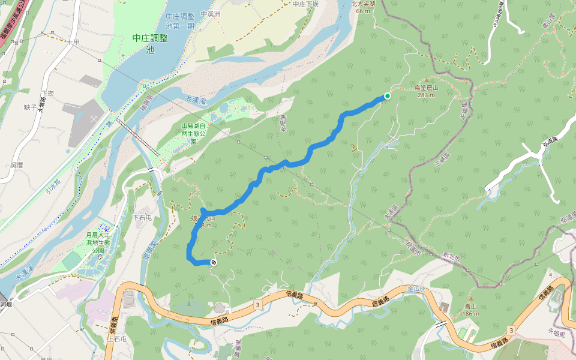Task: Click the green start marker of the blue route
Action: (388, 96)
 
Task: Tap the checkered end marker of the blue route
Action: (214, 262)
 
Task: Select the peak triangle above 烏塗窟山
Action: (427, 80)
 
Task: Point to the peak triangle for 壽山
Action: (471, 299)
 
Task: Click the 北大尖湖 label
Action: (363, 4)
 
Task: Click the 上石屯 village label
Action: (117, 338)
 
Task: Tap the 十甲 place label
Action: (73, 42)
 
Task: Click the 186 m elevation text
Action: (471, 314)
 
